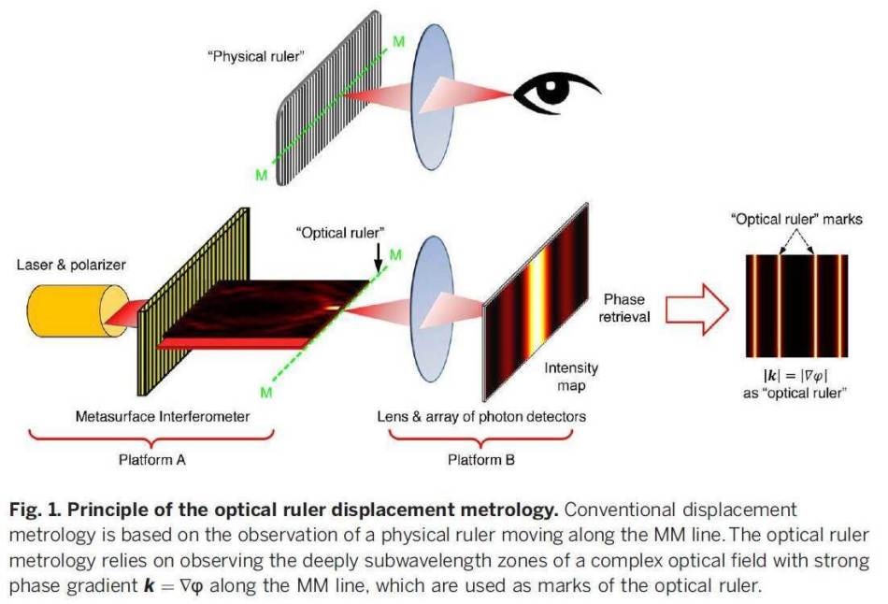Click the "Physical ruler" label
pos(256,57)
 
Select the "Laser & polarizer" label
pos(71,265)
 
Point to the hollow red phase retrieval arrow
pos(696,309)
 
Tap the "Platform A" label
pos(151,459)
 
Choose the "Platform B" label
pos(481,459)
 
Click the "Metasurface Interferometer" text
pos(163,416)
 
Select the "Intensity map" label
pos(571,377)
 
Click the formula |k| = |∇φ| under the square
pos(795,375)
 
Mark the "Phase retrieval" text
pos(624,308)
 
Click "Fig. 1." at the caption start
pos(35,510)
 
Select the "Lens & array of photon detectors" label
pos(481,416)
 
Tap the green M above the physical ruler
pos(399,41)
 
